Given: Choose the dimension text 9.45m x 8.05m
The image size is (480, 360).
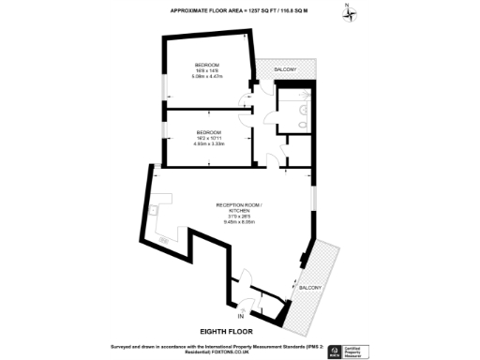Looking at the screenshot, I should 240,222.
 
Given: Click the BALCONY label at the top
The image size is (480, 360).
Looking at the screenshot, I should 285,70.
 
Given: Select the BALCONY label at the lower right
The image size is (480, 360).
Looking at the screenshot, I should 310,287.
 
